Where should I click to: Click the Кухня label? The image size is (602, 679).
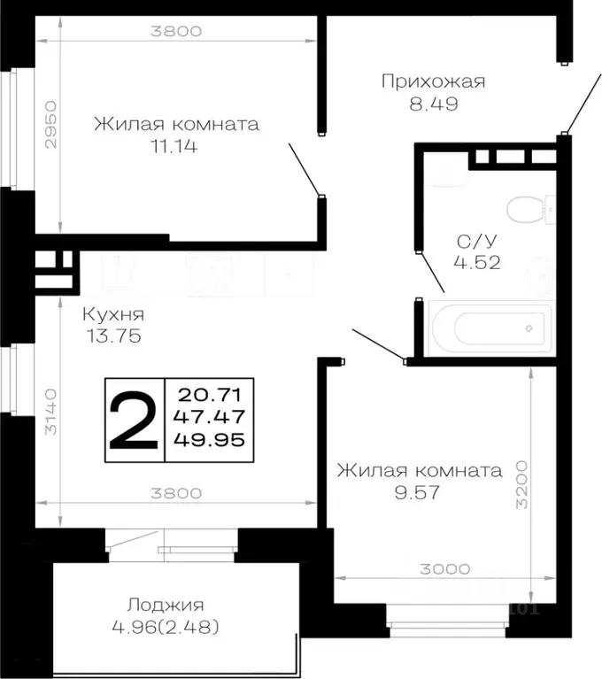(112, 314)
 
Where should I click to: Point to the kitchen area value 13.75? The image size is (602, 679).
(112, 336)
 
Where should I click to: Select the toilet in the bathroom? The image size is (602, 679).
(529, 211)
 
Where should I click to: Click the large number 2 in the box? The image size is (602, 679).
(135, 420)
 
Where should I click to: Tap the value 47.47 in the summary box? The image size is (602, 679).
(210, 417)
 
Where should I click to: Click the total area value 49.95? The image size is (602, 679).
(210, 440)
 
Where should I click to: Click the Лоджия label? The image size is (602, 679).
(166, 606)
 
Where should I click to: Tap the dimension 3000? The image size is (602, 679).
(444, 569)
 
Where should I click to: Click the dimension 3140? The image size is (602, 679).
(51, 412)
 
